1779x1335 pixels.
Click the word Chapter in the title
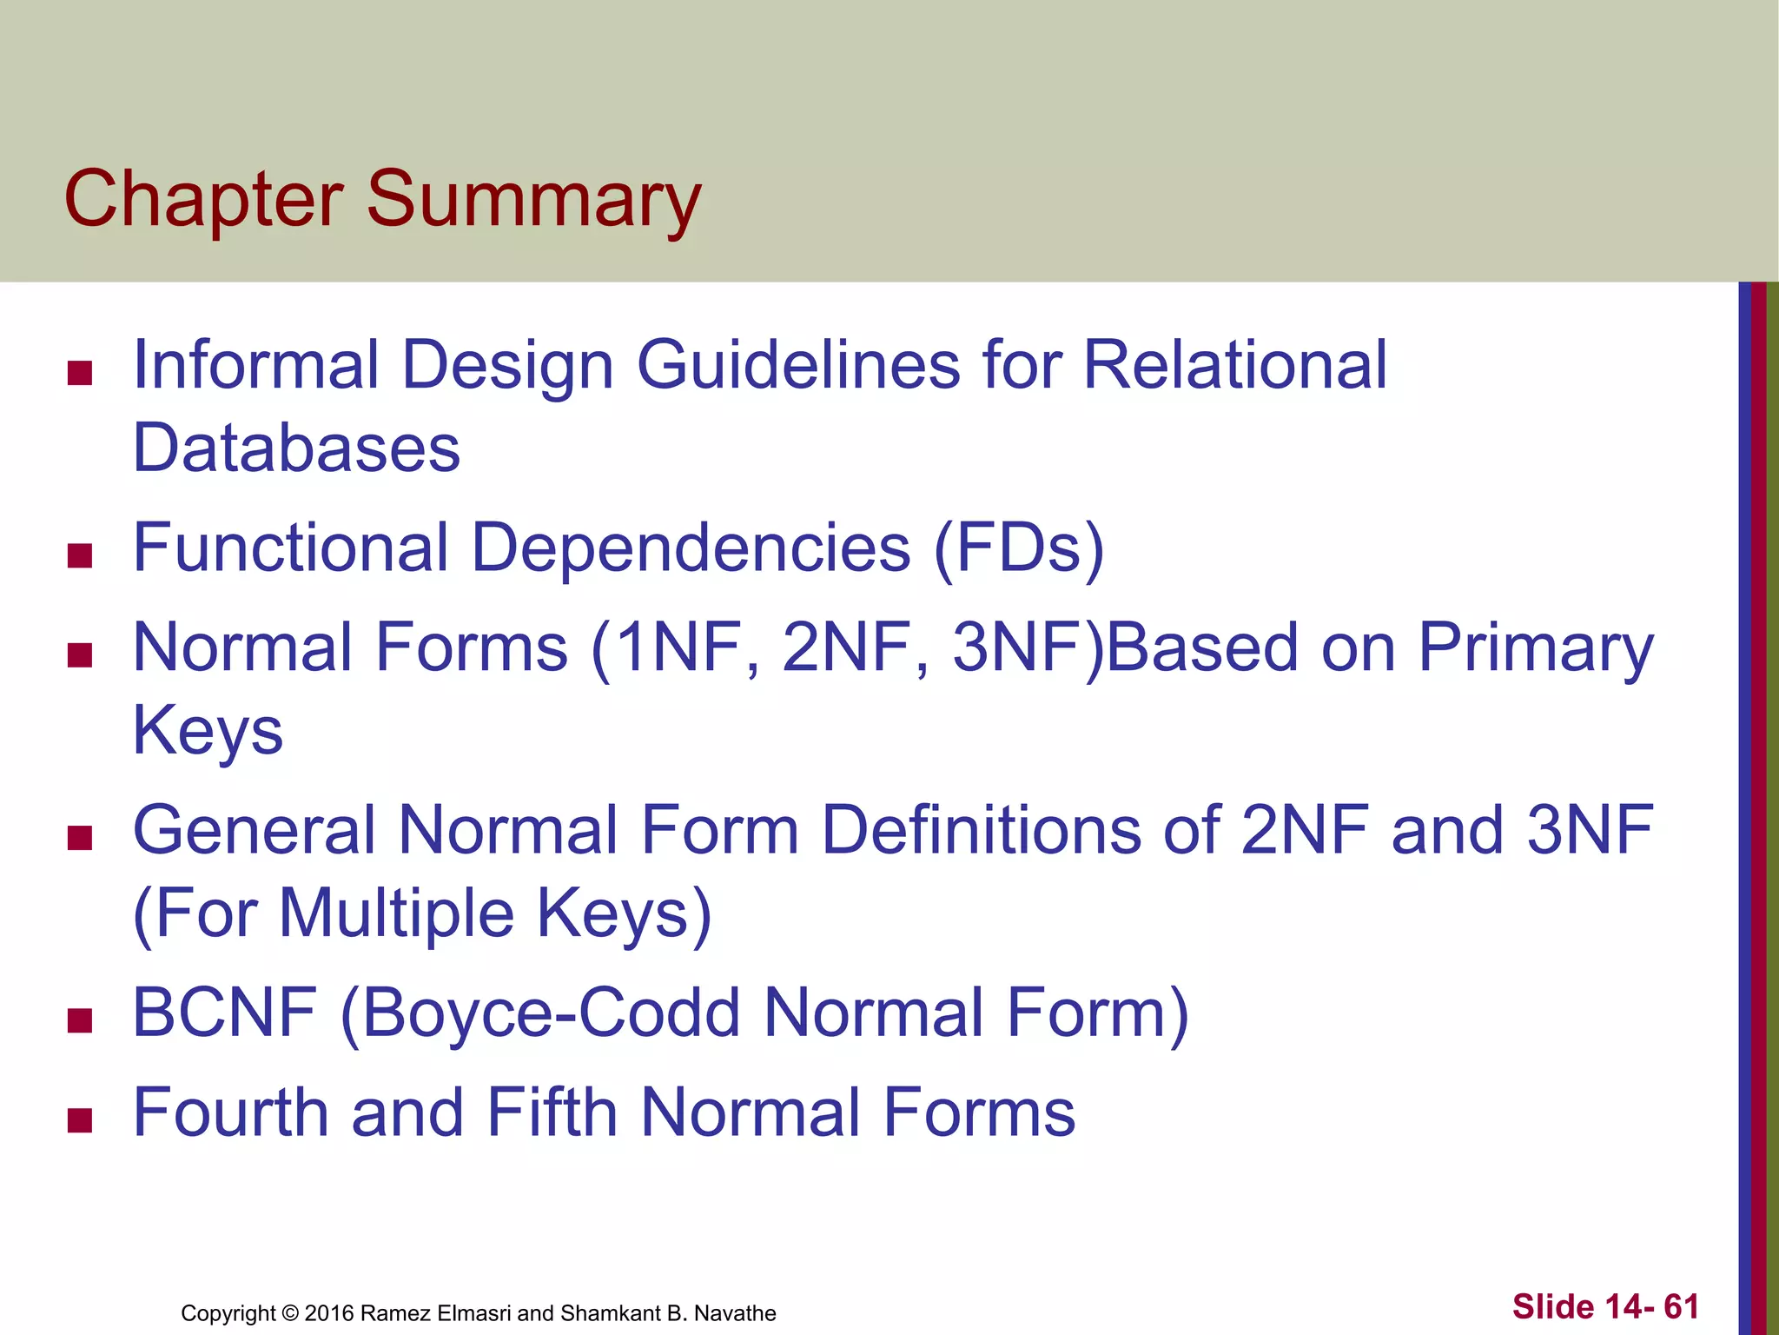pos(203,200)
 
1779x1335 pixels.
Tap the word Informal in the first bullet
pos(255,365)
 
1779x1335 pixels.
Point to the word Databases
pos(296,448)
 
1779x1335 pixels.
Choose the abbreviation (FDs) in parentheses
pos(1018,548)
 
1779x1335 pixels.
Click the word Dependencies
pos(691,548)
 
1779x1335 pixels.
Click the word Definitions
pos(982,831)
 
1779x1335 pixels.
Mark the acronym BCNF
pos(224,1013)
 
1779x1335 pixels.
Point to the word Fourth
pos(231,1113)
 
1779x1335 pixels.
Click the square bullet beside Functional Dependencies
pos(80,555)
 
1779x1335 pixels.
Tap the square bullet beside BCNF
pos(80,1020)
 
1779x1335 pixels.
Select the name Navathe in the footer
pos(735,1313)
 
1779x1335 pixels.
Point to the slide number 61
pos(1681,1307)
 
